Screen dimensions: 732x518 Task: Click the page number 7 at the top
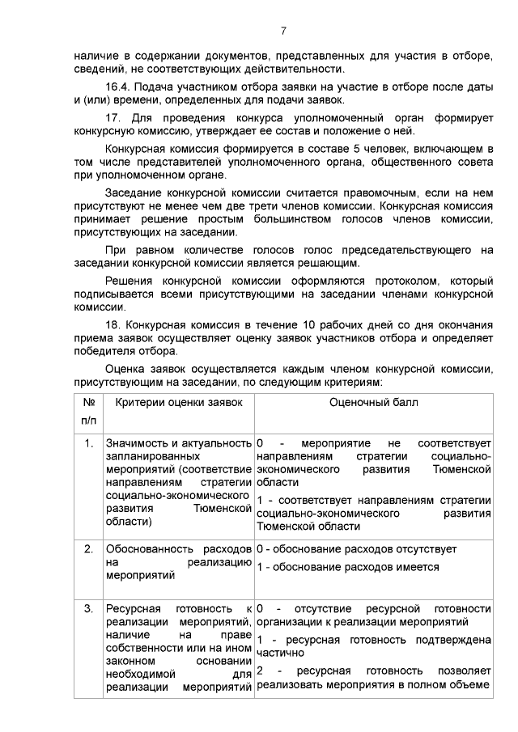[283, 32]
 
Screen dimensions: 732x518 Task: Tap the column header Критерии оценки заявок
[179, 402]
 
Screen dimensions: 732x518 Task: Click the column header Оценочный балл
[373, 402]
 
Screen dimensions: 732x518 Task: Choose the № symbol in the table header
[89, 402]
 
